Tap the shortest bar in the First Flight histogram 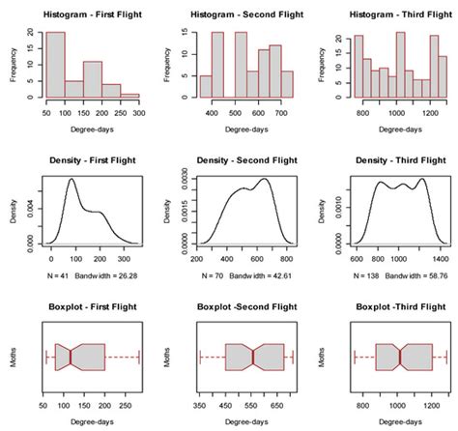coord(130,95)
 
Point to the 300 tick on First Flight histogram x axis coord(142,113)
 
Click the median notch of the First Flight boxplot coord(72,358)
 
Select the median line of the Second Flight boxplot coord(253,358)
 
